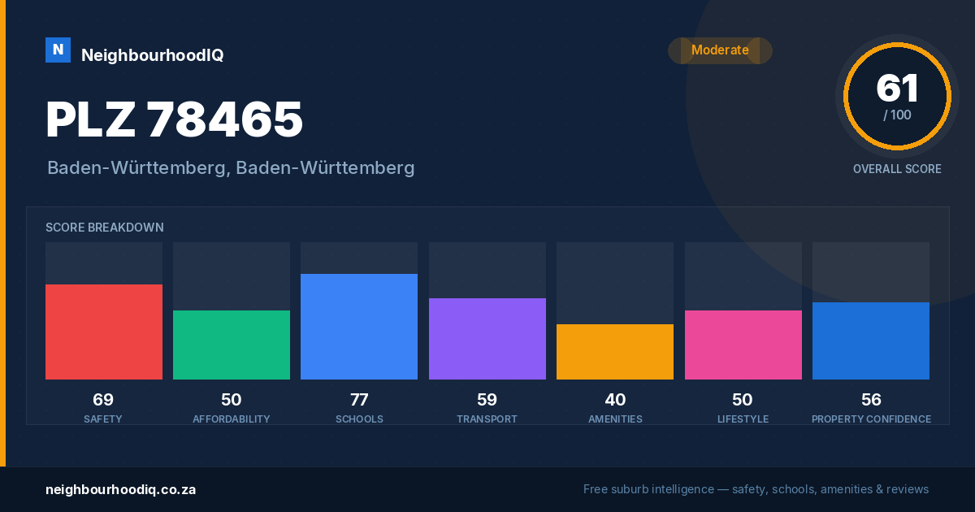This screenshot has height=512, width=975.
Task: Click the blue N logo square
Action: (58, 50)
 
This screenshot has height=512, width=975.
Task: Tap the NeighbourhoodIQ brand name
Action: (153, 55)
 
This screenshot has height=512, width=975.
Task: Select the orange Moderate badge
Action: (720, 50)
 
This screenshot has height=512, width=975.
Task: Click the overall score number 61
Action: (897, 88)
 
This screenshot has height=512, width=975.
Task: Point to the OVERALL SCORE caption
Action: (897, 169)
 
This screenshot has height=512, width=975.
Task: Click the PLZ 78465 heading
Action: (174, 119)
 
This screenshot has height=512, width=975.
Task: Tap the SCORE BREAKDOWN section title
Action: (105, 228)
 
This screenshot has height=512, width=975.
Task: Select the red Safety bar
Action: (104, 332)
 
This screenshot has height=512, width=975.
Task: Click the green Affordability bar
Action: (232, 345)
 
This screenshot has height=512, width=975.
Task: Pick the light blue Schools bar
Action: (359, 327)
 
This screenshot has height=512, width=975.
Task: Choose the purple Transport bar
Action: (487, 339)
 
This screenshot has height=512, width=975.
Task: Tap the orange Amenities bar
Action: (615, 352)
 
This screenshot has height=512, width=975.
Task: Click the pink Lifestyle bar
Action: (743, 345)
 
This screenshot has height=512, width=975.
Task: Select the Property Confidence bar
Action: (871, 341)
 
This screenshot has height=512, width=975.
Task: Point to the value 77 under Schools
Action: (359, 400)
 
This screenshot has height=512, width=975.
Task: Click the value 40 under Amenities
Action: (616, 400)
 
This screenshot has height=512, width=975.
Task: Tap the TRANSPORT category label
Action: (487, 419)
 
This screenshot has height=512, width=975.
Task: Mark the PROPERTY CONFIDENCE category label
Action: (871, 419)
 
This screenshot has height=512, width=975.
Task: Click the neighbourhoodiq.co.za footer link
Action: (121, 490)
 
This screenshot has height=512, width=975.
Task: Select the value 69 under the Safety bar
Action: (103, 400)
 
